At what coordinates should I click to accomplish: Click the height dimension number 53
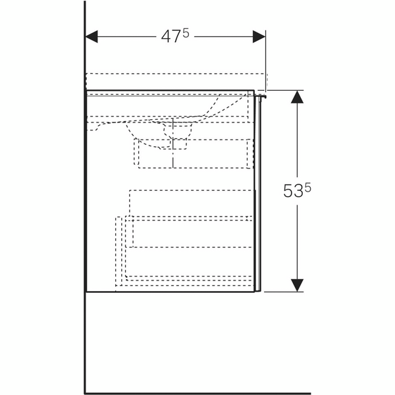click(293, 192)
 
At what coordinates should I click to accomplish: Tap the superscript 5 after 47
click(186, 33)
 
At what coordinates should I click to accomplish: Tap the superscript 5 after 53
click(307, 188)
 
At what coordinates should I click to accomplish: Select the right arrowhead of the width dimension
click(259, 37)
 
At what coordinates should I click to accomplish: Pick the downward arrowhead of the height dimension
click(298, 285)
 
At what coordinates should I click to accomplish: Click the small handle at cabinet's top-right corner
click(261, 97)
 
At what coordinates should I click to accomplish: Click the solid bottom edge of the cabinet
click(171, 292)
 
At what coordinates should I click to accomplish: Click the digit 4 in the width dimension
click(165, 37)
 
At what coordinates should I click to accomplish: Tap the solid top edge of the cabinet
click(171, 90)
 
